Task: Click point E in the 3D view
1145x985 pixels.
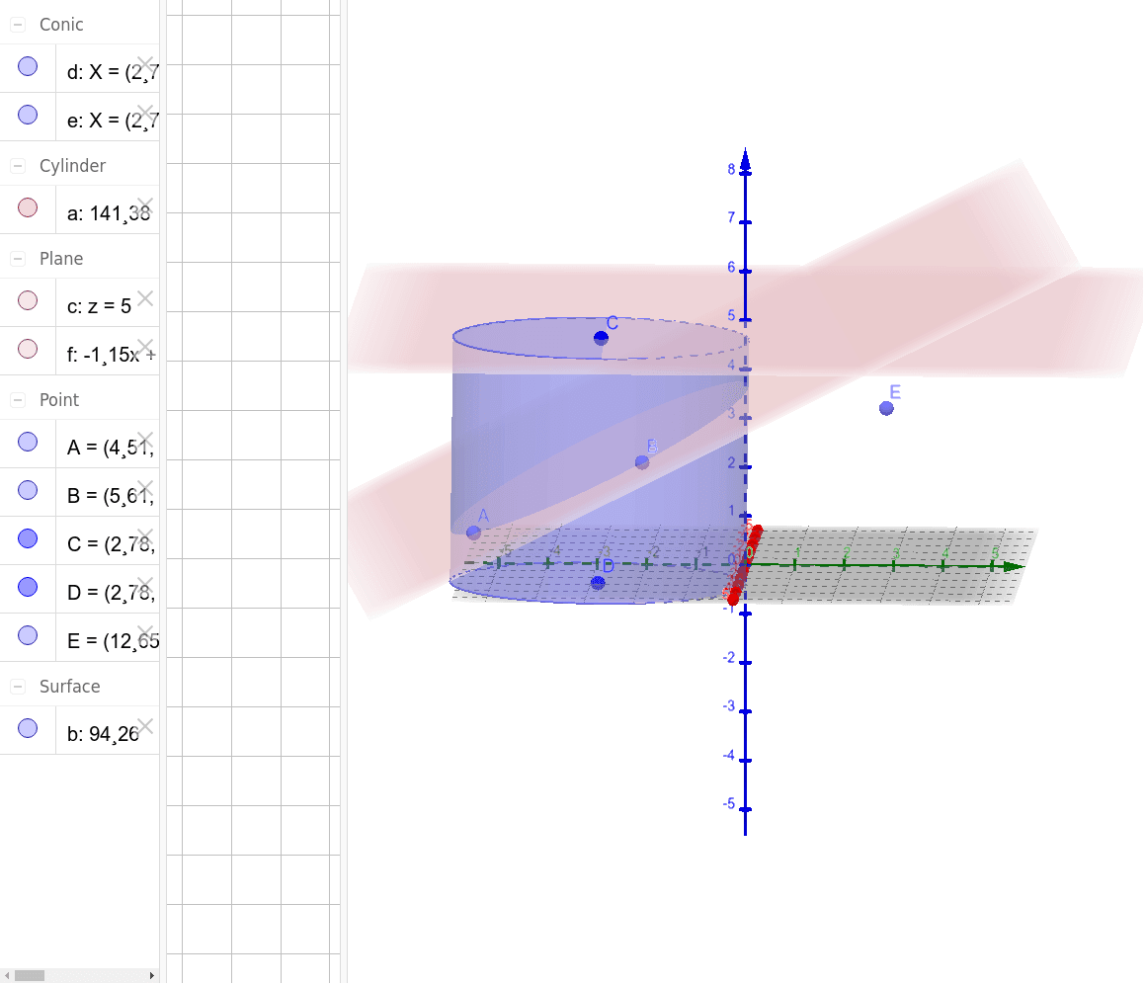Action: click(886, 408)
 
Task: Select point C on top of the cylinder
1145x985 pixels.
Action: click(601, 338)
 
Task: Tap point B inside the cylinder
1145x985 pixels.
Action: click(642, 461)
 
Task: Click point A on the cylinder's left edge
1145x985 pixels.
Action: click(473, 532)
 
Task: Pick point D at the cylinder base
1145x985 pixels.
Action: click(598, 583)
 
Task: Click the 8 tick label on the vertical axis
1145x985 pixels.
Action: click(731, 169)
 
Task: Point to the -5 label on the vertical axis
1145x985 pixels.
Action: click(729, 804)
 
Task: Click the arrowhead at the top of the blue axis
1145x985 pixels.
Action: click(745, 158)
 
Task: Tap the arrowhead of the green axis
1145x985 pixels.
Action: click(1013, 566)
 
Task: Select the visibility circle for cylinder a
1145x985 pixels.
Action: click(28, 208)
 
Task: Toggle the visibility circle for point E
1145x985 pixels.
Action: click(28, 634)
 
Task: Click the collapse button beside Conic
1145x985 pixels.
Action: click(18, 25)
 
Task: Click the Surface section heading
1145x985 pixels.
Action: click(69, 687)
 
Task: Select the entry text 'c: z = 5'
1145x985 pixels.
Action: click(99, 306)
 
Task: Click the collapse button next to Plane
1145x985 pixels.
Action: click(18, 259)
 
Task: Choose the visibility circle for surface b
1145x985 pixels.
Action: click(28, 729)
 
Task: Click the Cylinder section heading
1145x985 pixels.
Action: click(72, 166)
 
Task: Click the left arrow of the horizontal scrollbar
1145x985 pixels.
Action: click(7, 975)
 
